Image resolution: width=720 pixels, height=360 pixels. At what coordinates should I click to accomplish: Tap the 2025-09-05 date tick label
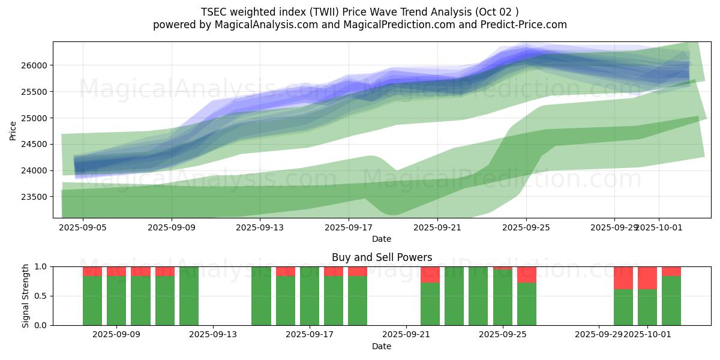pos(83,228)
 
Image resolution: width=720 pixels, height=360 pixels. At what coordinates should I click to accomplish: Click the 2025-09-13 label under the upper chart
pos(260,228)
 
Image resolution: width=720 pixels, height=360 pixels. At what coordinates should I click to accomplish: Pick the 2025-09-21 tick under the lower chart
pos(406,335)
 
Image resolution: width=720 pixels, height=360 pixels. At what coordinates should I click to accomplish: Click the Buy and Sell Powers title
pos(382,257)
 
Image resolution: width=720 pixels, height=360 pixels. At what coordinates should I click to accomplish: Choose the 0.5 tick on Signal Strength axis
pos(42,296)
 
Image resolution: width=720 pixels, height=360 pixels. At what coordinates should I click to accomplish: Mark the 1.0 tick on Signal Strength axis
pos(42,266)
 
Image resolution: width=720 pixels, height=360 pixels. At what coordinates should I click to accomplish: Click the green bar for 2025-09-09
pos(116,300)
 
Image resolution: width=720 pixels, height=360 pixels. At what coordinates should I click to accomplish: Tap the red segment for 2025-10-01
pos(647,278)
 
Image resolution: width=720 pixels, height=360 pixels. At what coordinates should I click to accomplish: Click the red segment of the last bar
pos(671,271)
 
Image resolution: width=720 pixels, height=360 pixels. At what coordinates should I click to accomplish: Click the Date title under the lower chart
pos(382,346)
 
